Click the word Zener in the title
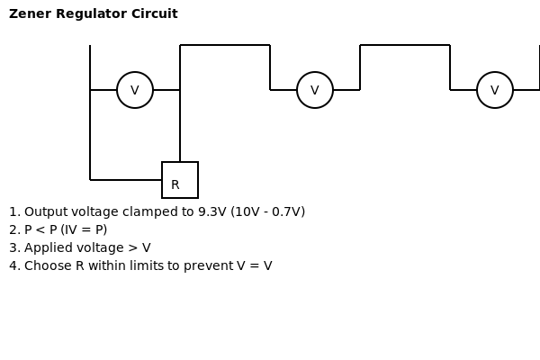coord(30,13)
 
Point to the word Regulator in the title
coord(91,14)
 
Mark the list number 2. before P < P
coord(14,229)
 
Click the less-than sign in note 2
coord(40,229)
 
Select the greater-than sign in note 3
coord(132,247)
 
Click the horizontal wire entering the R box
coord(126,180)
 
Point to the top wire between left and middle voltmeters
coord(225,45)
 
